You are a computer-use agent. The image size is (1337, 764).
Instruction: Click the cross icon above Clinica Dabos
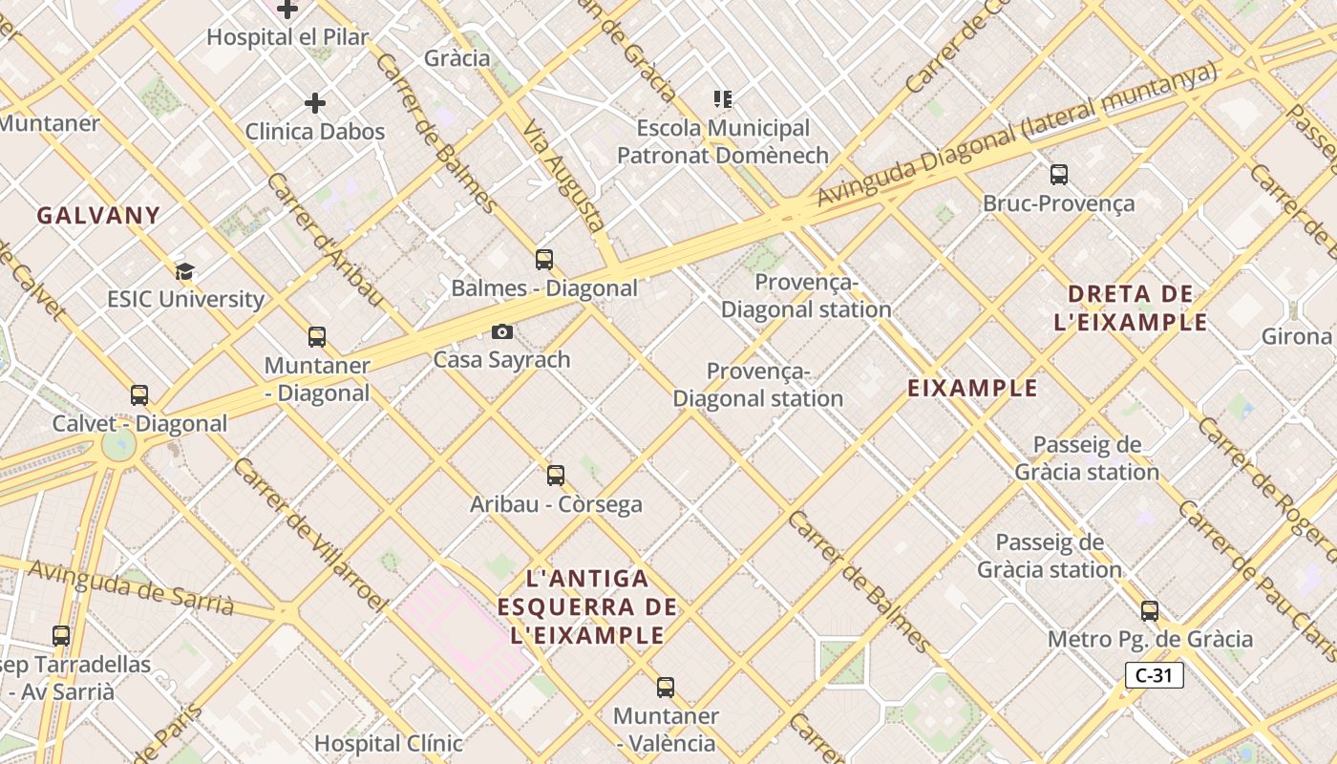(315, 103)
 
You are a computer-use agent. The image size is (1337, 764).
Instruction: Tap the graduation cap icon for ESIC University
(184, 271)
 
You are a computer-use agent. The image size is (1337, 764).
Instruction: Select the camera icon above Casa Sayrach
(502, 332)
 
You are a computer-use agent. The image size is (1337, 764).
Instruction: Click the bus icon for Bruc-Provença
(1059, 175)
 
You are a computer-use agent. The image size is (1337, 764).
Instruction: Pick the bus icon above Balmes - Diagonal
(544, 259)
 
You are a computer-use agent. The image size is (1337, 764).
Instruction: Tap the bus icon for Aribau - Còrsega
(556, 475)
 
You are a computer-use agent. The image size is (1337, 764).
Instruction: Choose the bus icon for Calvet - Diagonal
(139, 395)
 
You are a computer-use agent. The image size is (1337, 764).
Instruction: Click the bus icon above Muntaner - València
(666, 687)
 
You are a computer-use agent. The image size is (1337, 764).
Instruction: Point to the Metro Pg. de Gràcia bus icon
(1150, 611)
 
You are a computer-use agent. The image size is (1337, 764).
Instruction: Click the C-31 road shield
(1155, 676)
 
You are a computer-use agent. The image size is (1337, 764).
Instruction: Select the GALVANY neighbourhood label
(98, 216)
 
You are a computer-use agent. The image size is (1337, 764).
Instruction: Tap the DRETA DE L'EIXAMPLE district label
(1131, 308)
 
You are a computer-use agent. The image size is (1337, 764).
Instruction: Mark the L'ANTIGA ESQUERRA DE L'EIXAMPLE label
(587, 606)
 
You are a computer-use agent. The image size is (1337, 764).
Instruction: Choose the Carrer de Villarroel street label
(309, 535)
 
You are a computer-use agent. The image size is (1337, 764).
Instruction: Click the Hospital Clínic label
(389, 743)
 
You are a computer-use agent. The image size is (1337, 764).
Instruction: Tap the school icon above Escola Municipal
(723, 98)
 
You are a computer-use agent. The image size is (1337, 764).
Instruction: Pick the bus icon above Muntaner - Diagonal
(317, 337)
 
